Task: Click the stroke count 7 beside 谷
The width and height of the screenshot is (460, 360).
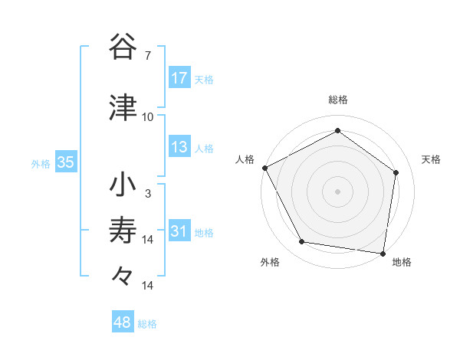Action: [148, 56]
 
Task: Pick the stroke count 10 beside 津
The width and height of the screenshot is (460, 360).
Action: [148, 117]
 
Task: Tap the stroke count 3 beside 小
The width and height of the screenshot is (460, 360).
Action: [148, 194]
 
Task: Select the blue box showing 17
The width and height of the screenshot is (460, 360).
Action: [179, 78]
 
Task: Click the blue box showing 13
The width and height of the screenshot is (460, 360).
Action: [179, 147]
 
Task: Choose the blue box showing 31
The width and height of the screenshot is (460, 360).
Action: [179, 231]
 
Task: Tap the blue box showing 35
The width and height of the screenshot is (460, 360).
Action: [66, 162]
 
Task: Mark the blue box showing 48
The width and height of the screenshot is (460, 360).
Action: [123, 322]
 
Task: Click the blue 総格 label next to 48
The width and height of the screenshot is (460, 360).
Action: [147, 324]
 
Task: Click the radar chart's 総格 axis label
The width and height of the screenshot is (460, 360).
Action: [338, 100]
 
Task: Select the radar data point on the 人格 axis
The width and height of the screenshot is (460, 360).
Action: [264, 168]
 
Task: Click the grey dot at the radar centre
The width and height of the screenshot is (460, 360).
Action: [338, 191]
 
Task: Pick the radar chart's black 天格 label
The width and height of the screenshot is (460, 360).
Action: [432, 159]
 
